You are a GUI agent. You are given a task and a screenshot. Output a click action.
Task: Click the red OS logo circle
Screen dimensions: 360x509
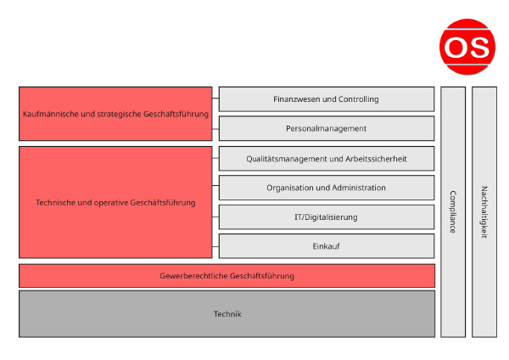pyautogui.click(x=465, y=45)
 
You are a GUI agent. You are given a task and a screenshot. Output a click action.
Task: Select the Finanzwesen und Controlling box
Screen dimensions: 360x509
pyautogui.click(x=327, y=99)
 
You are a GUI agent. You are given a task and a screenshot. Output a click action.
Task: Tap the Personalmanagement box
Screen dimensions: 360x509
pyautogui.click(x=327, y=128)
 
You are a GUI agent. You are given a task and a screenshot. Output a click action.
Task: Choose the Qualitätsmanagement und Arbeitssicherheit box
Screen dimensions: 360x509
pyautogui.click(x=327, y=158)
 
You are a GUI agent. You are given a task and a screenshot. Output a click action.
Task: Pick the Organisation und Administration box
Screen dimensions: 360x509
pyautogui.click(x=327, y=188)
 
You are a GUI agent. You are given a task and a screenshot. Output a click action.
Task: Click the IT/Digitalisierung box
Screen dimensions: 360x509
pyautogui.click(x=327, y=217)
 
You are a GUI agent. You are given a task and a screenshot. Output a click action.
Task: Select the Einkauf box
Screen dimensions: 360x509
pyautogui.click(x=327, y=246)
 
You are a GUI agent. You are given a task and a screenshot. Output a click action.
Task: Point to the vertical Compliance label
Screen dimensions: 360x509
pyautogui.click(x=452, y=211)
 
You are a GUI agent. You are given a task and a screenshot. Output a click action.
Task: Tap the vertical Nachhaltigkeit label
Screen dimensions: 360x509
pyautogui.click(x=484, y=211)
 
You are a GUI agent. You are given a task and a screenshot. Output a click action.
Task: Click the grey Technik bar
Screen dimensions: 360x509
pyautogui.click(x=227, y=314)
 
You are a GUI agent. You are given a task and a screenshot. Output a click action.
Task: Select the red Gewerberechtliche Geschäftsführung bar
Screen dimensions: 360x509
pyautogui.click(x=227, y=276)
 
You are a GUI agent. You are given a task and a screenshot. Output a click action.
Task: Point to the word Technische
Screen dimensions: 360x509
pyautogui.click(x=57, y=202)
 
